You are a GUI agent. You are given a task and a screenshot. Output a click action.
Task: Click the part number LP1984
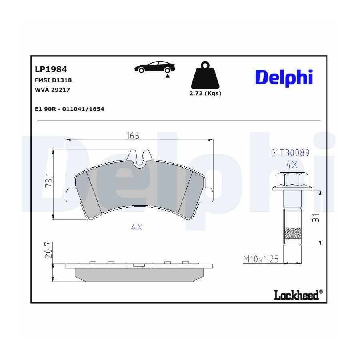[x=51, y=69]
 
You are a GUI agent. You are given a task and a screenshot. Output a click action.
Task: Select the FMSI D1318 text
[x=53, y=80]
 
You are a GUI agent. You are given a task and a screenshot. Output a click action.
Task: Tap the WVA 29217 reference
[x=52, y=90]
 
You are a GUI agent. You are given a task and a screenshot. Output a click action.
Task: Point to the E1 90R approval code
[x=69, y=109]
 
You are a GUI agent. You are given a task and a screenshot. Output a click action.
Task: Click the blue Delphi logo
[x=284, y=78]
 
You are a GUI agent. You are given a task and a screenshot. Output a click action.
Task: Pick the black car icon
[x=154, y=67]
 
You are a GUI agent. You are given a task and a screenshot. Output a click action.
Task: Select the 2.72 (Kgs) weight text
[x=205, y=94]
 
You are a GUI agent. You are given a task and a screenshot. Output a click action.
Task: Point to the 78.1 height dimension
[x=49, y=181]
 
